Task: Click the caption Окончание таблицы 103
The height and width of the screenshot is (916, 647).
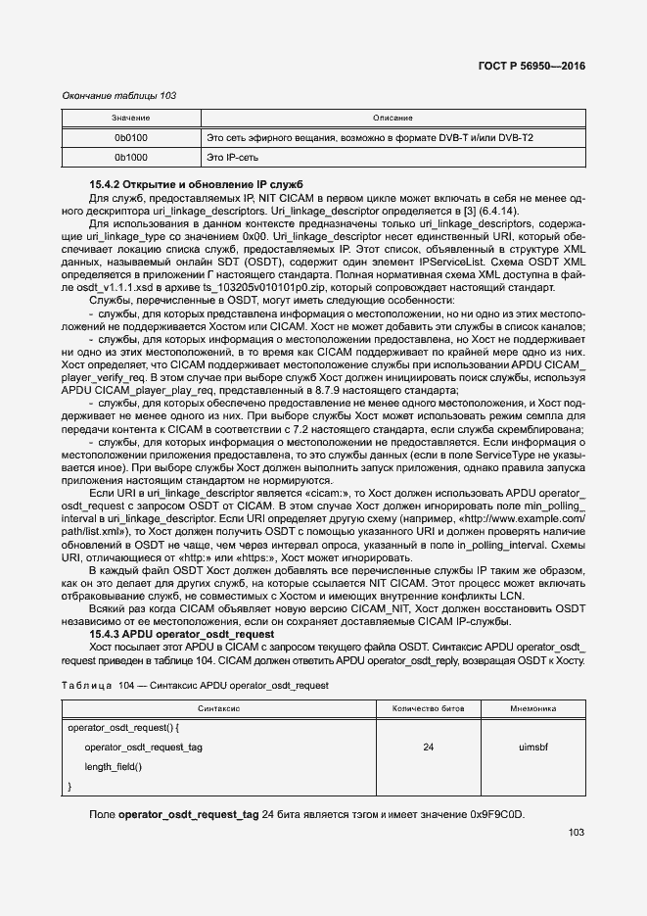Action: click(x=118, y=95)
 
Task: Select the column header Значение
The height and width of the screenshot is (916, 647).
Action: click(x=130, y=119)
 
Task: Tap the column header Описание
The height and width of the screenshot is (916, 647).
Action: click(x=393, y=119)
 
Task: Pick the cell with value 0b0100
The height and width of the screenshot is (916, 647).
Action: click(x=130, y=138)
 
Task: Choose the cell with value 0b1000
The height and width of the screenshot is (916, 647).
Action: click(x=130, y=157)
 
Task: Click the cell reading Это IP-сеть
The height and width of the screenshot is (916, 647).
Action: click(x=236, y=157)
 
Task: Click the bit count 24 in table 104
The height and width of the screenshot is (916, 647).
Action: click(x=428, y=747)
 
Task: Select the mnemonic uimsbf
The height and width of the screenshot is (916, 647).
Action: click(x=532, y=747)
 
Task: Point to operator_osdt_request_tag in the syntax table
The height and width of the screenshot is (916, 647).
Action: click(x=143, y=747)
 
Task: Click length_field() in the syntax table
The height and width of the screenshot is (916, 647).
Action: click(x=114, y=766)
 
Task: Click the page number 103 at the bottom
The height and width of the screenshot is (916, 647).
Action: click(x=576, y=833)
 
